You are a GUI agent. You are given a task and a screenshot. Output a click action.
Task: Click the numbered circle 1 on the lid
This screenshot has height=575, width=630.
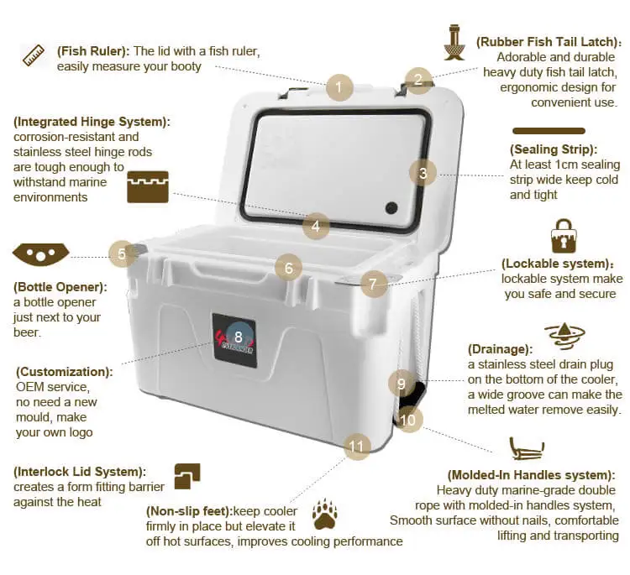pos(339,87)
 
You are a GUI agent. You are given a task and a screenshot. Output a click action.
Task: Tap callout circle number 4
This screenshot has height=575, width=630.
pos(315,225)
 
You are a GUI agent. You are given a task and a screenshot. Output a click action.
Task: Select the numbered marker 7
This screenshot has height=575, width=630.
pos(374,284)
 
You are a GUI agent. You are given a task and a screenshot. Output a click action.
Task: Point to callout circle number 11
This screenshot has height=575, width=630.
pos(358,446)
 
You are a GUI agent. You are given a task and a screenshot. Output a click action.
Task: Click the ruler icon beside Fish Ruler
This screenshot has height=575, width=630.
pos(34,56)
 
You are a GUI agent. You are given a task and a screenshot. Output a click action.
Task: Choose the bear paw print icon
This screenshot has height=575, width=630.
pos(324,513)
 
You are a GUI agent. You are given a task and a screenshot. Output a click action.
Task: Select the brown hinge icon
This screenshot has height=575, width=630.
pos(148,186)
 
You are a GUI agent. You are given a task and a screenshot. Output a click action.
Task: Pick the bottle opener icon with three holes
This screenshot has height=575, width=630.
pos(40,252)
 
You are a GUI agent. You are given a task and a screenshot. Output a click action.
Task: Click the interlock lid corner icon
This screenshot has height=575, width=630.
pos(186,476)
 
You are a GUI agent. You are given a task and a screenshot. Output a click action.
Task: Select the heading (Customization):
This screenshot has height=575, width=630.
pos(64,371)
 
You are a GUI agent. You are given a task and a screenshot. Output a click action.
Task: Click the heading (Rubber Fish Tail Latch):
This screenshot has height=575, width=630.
pos(549,41)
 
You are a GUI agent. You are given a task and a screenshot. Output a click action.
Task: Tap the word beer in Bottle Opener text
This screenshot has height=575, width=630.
pos(28,332)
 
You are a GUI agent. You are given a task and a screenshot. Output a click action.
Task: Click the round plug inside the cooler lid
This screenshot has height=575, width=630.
pos(391,208)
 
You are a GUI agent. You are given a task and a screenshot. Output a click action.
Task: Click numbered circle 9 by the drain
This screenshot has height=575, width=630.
pos(402,384)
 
